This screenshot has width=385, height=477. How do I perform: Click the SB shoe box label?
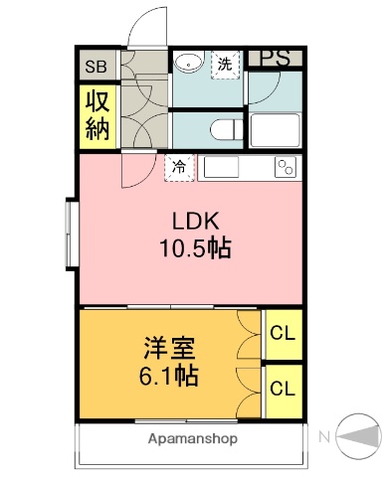(x=96, y=68)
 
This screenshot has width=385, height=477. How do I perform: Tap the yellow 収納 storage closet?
(x=96, y=117)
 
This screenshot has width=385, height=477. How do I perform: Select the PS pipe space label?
(x=276, y=59)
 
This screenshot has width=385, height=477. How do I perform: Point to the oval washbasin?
(x=186, y=65)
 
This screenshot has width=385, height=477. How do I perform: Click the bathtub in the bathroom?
(x=276, y=130)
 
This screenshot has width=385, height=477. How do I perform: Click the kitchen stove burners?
(x=287, y=167)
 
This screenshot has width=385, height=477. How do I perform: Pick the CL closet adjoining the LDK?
(x=283, y=335)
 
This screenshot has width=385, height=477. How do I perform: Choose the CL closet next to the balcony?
(x=283, y=389)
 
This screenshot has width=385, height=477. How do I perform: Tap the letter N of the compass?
(x=324, y=435)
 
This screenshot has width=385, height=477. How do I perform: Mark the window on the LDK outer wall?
(x=71, y=235)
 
